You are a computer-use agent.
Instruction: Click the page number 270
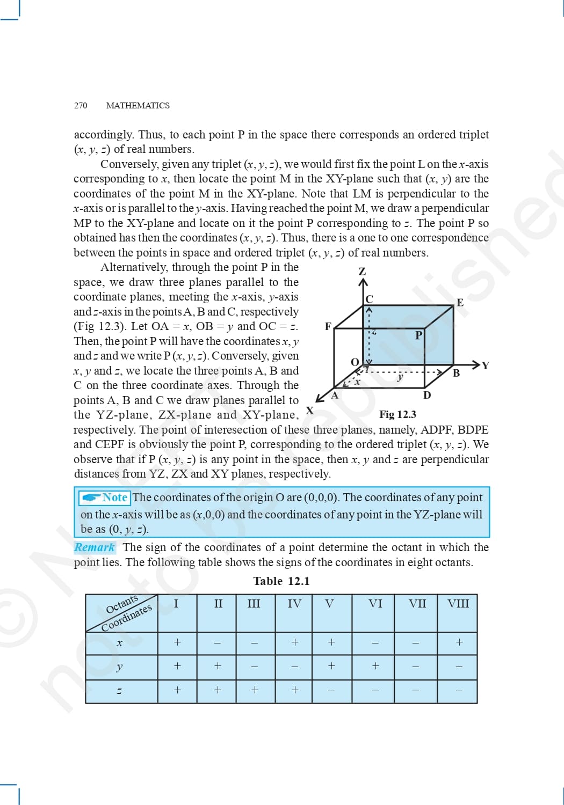(81, 106)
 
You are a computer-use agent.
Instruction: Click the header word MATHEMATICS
(138, 106)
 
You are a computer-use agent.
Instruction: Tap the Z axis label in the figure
(363, 272)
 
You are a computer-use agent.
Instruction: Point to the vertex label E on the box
(460, 303)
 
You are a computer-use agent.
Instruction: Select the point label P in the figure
(419, 335)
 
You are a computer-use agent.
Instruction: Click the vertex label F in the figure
(328, 326)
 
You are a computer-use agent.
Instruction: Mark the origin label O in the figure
(355, 362)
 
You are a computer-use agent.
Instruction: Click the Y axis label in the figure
(486, 366)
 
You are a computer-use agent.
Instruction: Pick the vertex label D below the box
(427, 396)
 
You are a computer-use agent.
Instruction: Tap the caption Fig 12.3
(397, 414)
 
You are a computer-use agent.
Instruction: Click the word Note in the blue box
(115, 497)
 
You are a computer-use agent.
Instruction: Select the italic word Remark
(95, 547)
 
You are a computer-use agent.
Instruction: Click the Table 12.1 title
(281, 581)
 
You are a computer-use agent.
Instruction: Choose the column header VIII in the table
(458, 604)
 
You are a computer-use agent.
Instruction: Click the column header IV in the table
(294, 604)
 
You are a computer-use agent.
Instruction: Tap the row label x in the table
(119, 643)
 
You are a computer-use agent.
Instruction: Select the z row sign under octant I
(177, 690)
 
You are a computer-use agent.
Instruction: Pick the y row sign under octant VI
(375, 666)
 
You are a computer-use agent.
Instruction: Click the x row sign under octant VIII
(459, 642)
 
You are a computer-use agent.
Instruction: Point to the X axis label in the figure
(309, 411)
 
